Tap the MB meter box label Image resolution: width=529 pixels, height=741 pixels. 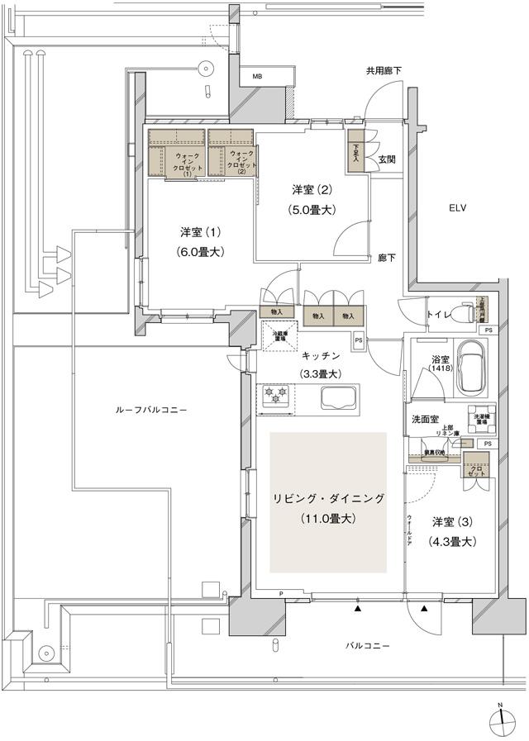tap(258, 77)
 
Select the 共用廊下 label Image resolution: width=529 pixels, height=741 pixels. tap(384, 71)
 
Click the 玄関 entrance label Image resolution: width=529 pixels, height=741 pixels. tap(387, 159)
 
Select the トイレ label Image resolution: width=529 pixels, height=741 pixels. tap(438, 314)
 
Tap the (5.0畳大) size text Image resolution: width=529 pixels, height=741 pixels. tap(311, 210)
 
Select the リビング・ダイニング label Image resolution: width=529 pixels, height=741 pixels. tap(330, 498)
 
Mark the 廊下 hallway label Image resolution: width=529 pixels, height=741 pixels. tap(386, 258)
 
